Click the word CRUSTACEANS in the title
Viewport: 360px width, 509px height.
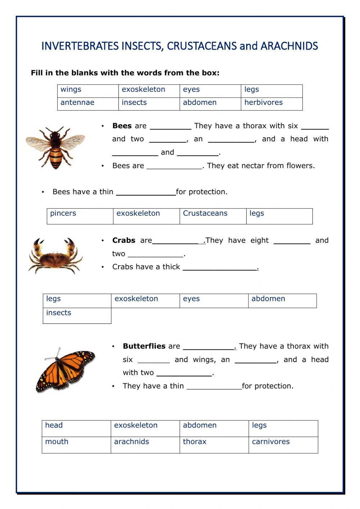tap(202, 46)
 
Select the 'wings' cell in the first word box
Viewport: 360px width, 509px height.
tap(87, 90)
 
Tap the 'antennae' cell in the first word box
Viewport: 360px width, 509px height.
tap(87, 103)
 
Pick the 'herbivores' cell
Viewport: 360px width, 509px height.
tap(271, 103)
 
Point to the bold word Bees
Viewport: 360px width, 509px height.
tap(122, 126)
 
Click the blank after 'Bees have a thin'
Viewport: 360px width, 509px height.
tap(146, 192)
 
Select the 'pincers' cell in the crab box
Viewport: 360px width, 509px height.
tap(80, 216)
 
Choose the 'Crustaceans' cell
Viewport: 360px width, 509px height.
tap(213, 216)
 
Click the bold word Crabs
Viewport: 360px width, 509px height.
tap(123, 240)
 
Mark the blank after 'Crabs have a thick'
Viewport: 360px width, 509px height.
tap(220, 267)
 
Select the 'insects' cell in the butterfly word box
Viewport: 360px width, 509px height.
tap(77, 315)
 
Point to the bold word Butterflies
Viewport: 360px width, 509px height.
tap(144, 346)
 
